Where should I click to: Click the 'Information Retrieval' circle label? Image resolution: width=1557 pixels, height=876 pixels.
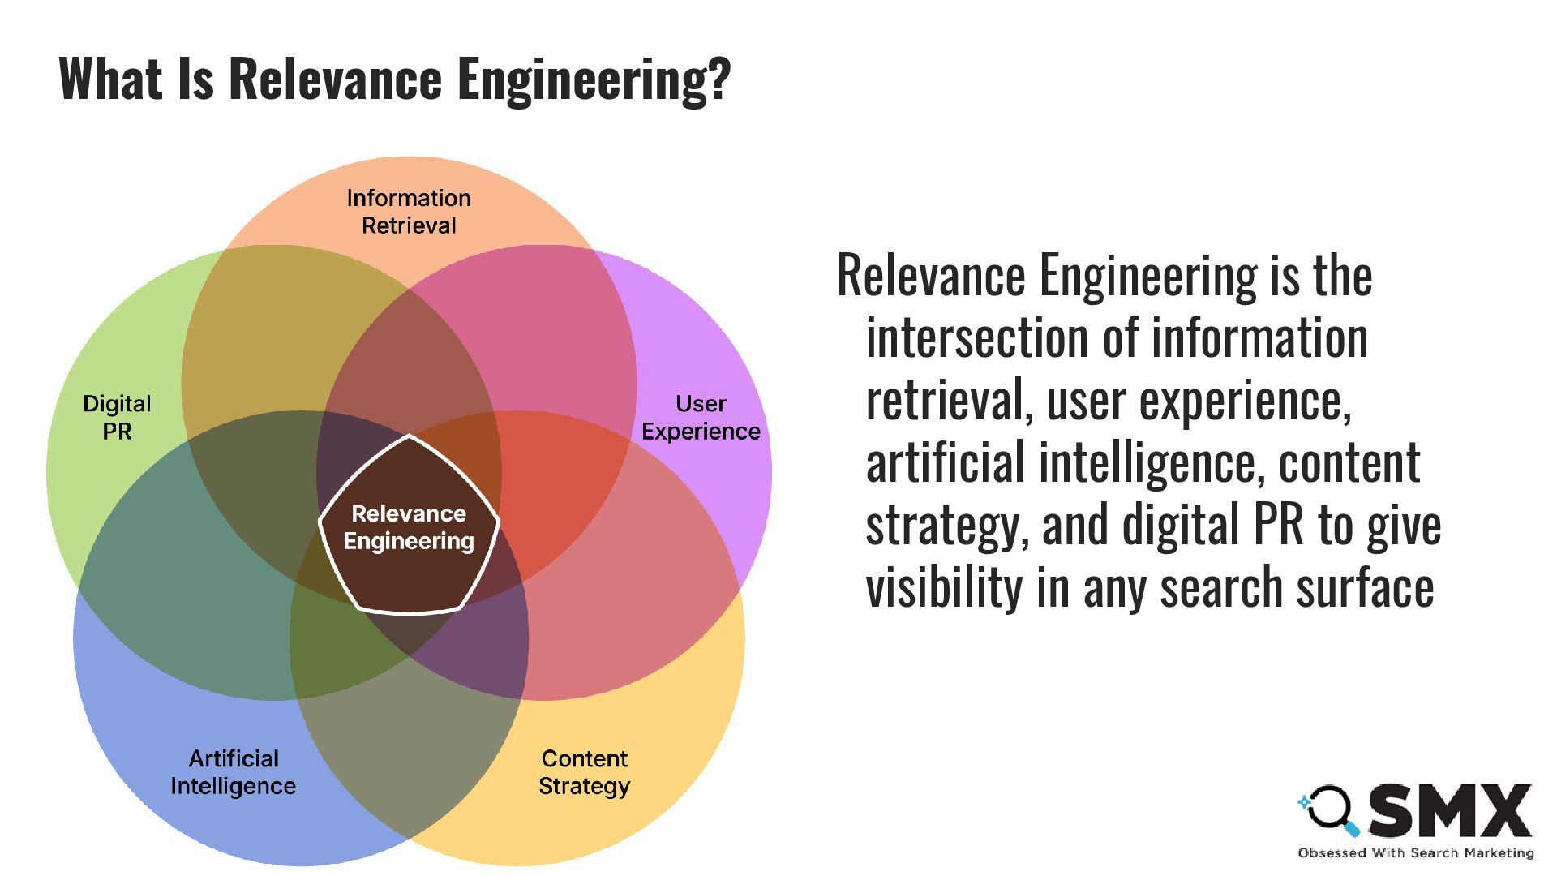(409, 212)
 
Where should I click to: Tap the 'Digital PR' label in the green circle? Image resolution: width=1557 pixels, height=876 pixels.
(117, 417)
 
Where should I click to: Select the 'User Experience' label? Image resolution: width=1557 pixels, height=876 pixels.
(701, 417)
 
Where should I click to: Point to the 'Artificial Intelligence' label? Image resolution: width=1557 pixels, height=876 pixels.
(234, 772)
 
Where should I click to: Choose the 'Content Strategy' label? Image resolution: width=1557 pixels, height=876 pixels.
(584, 772)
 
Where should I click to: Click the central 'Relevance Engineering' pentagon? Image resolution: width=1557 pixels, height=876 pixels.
(409, 527)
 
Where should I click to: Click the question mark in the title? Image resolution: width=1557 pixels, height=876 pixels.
(718, 79)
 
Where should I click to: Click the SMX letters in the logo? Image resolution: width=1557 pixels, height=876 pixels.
(1452, 810)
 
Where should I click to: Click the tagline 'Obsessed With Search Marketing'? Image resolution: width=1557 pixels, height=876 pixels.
(1415, 852)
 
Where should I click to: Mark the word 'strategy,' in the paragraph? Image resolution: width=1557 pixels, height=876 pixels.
(947, 526)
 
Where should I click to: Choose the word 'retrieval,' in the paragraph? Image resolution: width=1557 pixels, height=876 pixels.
(950, 400)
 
